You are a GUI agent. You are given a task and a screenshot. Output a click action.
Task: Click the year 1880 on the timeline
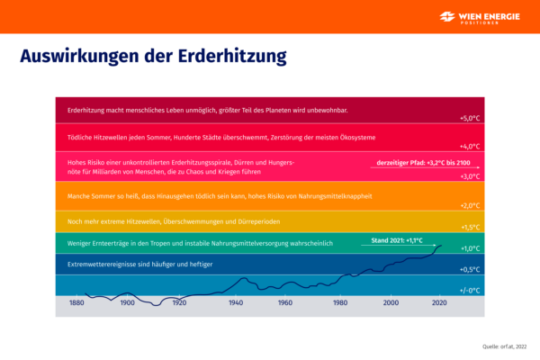[x=76, y=303]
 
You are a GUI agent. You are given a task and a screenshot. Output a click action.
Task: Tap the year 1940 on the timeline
[x=236, y=303]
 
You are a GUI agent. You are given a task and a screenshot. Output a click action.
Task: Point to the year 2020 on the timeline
[x=440, y=303]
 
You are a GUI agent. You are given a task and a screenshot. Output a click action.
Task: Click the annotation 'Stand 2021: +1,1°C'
[x=397, y=241]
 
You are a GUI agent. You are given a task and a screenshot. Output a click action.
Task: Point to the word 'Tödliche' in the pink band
[x=81, y=137]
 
